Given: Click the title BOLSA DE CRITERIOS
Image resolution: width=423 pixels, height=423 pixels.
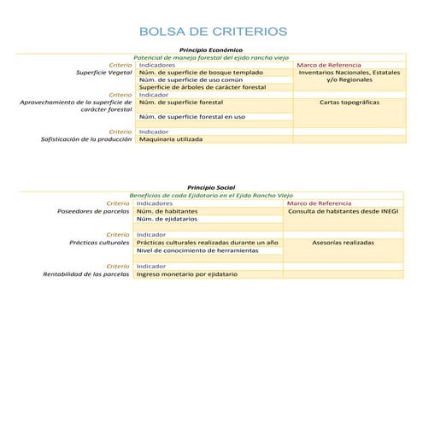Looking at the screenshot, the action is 212,32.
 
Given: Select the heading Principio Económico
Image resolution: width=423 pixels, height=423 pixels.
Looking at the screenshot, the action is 213,50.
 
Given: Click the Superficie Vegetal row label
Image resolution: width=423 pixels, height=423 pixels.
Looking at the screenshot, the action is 104,73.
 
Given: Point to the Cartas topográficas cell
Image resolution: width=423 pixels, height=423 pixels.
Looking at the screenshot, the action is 350,102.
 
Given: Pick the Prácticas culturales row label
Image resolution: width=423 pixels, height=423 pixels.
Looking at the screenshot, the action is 99,243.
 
